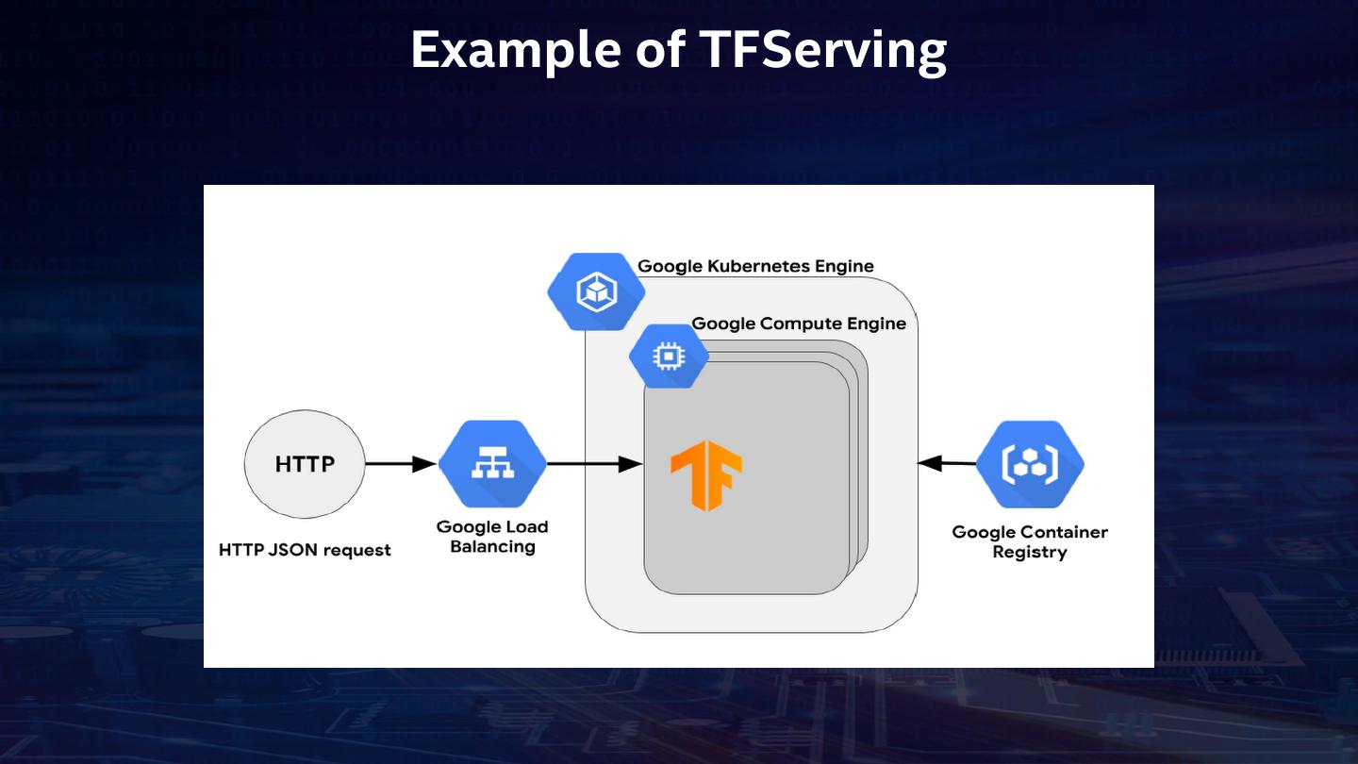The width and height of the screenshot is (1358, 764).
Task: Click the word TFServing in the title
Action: (822, 51)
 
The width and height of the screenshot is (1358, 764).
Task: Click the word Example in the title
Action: (517, 51)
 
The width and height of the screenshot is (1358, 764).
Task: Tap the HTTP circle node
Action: (305, 464)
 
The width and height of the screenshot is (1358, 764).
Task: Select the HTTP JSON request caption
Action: (305, 550)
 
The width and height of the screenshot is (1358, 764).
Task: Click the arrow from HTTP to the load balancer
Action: (401, 464)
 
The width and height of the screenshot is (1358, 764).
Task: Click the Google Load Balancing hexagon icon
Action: (492, 464)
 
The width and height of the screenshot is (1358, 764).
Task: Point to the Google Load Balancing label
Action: (492, 537)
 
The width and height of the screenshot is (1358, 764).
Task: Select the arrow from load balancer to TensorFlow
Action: (594, 464)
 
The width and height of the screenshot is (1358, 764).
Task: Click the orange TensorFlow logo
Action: (706, 475)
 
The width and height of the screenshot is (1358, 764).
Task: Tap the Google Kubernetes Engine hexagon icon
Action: (596, 291)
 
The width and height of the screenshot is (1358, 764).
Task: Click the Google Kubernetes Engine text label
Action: (755, 266)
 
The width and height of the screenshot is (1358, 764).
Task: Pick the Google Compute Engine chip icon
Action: (669, 356)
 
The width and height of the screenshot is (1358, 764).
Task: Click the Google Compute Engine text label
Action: (799, 324)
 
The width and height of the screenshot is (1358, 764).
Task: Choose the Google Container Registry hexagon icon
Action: (1030, 464)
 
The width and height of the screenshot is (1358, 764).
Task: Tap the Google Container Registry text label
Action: (1030, 542)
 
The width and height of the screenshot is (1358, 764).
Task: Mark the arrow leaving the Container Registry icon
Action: (947, 464)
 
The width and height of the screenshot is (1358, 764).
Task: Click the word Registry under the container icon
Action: (1030, 553)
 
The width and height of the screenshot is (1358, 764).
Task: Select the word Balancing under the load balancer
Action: (492, 547)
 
